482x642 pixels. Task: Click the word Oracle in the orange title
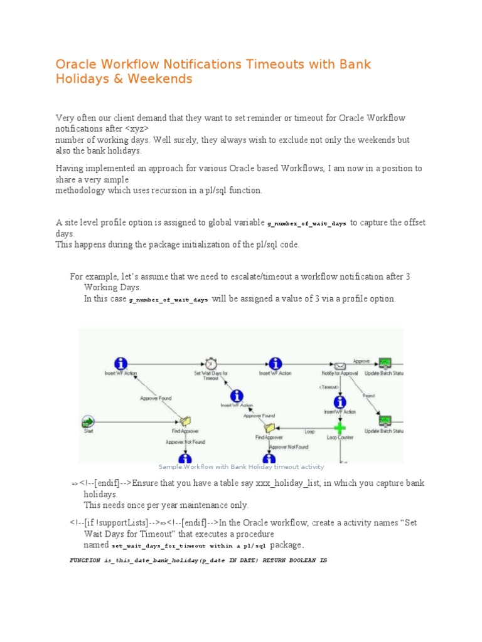pyautogui.click(x=75, y=64)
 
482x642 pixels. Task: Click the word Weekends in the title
pyautogui.click(x=160, y=79)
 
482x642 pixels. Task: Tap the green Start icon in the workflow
pyautogui.click(x=87, y=421)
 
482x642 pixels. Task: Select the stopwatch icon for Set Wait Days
pyautogui.click(x=210, y=364)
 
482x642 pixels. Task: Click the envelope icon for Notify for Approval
pyautogui.click(x=340, y=366)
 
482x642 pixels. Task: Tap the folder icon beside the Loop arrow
pyautogui.click(x=269, y=428)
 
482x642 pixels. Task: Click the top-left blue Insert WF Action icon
pyautogui.click(x=120, y=364)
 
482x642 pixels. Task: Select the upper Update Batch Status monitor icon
pyautogui.click(x=385, y=364)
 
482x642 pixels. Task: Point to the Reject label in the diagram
pyautogui.click(x=368, y=396)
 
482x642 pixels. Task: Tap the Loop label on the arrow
pyautogui.click(x=309, y=432)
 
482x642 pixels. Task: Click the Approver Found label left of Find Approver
pyautogui.click(x=155, y=398)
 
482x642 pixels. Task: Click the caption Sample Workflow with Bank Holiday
pyautogui.click(x=241, y=467)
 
